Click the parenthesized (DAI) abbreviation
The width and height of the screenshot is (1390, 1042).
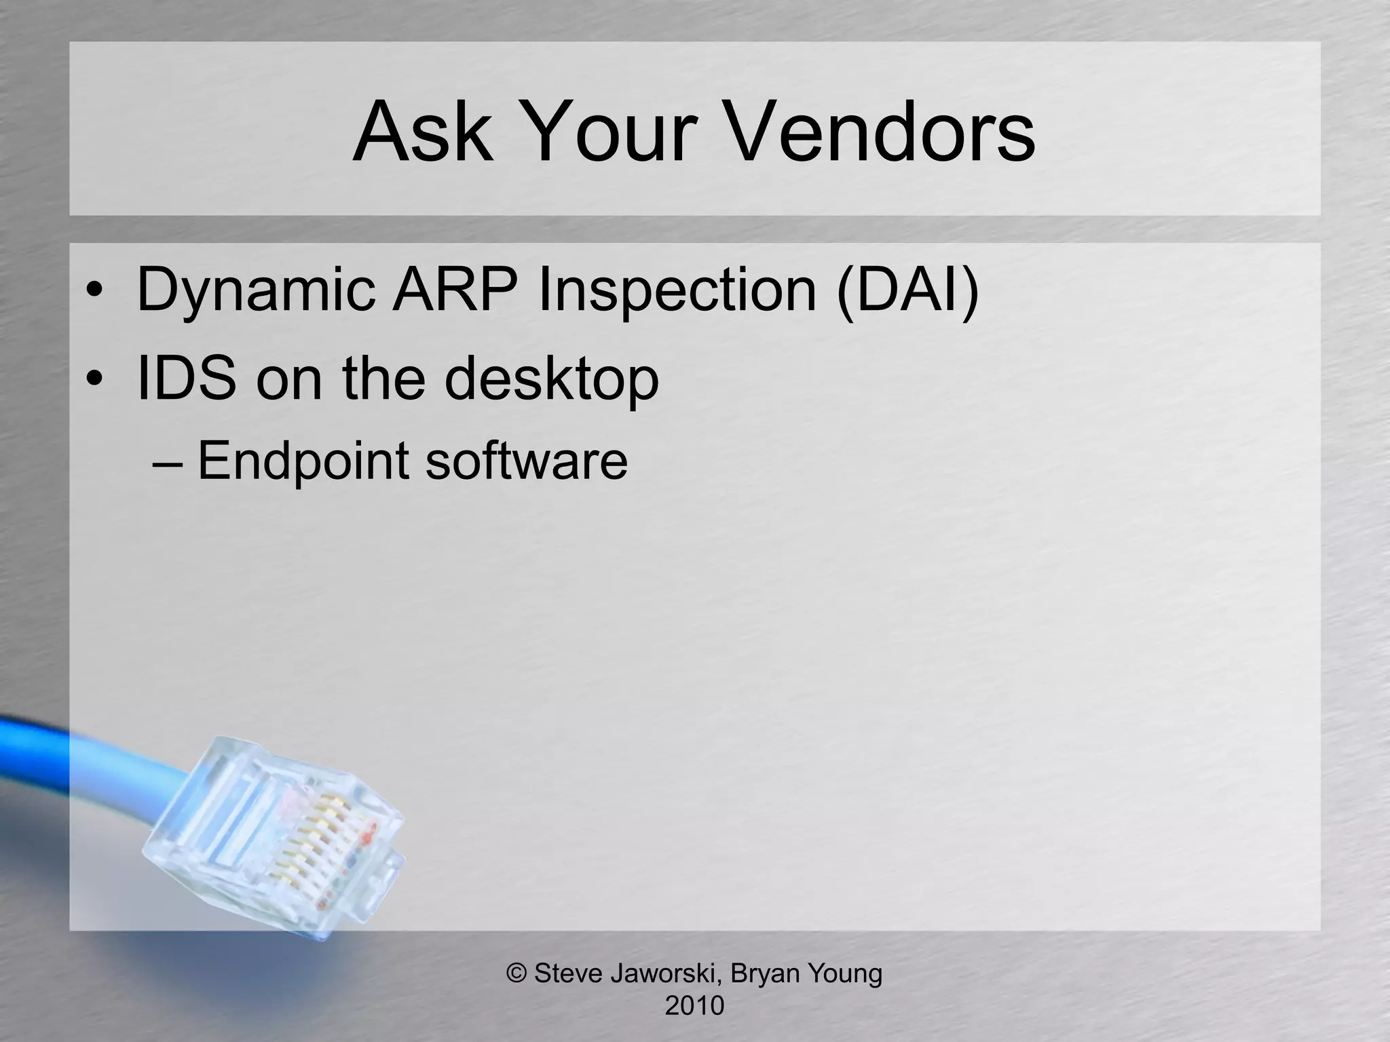pyautogui.click(x=908, y=290)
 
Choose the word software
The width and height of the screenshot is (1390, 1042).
pyautogui.click(x=526, y=460)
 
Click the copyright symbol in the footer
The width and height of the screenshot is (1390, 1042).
pyautogui.click(x=517, y=973)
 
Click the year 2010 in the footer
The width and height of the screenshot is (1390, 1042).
pyautogui.click(x=694, y=1005)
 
